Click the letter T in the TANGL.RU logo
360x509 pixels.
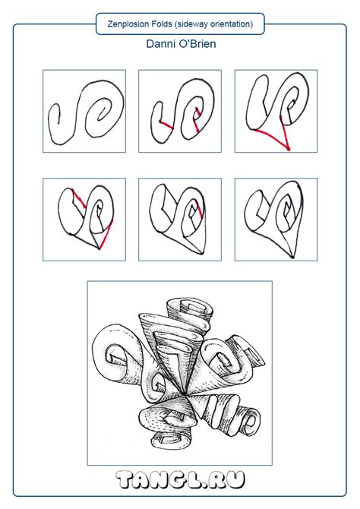tap(125, 480)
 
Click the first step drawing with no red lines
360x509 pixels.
tap(84, 111)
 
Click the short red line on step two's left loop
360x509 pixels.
tap(166, 125)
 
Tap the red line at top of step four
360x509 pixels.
tap(79, 198)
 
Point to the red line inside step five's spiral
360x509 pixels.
tap(198, 210)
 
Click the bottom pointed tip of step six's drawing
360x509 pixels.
tap(293, 258)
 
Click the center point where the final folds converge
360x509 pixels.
tap(185, 394)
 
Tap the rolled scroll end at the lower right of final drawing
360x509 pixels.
tap(249, 422)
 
